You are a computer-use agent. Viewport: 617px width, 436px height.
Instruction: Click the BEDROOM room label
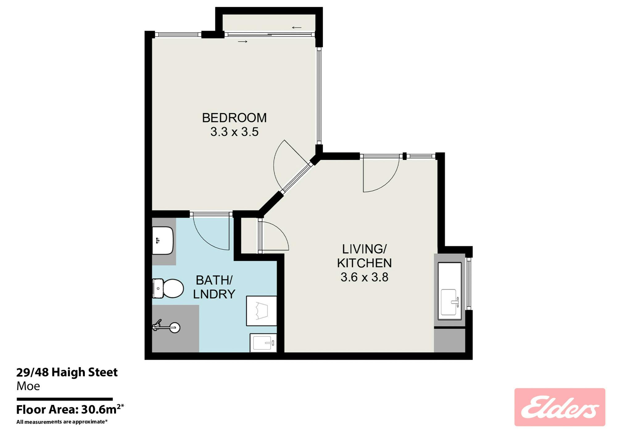pyautogui.click(x=234, y=118)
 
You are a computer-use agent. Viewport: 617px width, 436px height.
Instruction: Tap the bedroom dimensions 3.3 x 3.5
pyautogui.click(x=234, y=132)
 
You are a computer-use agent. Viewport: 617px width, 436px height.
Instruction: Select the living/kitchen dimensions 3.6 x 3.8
pyautogui.click(x=364, y=277)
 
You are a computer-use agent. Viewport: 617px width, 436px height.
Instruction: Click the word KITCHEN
pyautogui.click(x=364, y=263)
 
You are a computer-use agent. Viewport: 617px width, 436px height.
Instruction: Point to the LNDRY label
pyautogui.click(x=214, y=294)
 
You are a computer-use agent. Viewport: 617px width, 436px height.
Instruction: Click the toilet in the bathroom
pyautogui.click(x=168, y=288)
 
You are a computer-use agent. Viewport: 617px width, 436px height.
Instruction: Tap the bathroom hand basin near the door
pyautogui.click(x=163, y=241)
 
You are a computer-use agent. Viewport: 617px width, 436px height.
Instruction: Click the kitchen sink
pyautogui.click(x=450, y=302)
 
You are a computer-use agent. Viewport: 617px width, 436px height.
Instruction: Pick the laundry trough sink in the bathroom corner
pyautogui.click(x=263, y=343)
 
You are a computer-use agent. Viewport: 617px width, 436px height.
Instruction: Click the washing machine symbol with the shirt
pyautogui.click(x=261, y=311)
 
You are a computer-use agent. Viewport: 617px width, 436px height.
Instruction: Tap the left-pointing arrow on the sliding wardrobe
pyautogui.click(x=297, y=28)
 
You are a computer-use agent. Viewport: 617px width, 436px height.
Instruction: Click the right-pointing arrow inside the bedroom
pyautogui.click(x=243, y=42)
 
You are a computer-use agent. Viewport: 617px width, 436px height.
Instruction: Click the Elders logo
pyautogui.click(x=560, y=407)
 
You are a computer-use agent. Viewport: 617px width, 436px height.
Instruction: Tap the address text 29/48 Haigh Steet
pyautogui.click(x=67, y=373)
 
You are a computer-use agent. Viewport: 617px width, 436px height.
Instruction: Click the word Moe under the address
pyautogui.click(x=28, y=386)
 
